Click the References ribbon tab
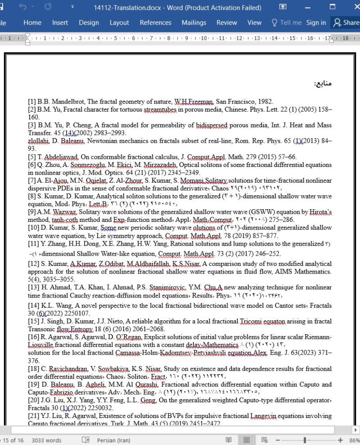(155, 22)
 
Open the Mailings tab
(194, 22)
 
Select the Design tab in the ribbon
(89, 22)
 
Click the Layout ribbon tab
(119, 22)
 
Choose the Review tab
(227, 22)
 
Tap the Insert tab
(60, 22)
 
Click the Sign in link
(316, 22)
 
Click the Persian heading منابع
(323, 83)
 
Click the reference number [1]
(32, 102)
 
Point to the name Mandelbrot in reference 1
(61, 102)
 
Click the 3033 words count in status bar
(46, 440)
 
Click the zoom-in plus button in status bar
(340, 440)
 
